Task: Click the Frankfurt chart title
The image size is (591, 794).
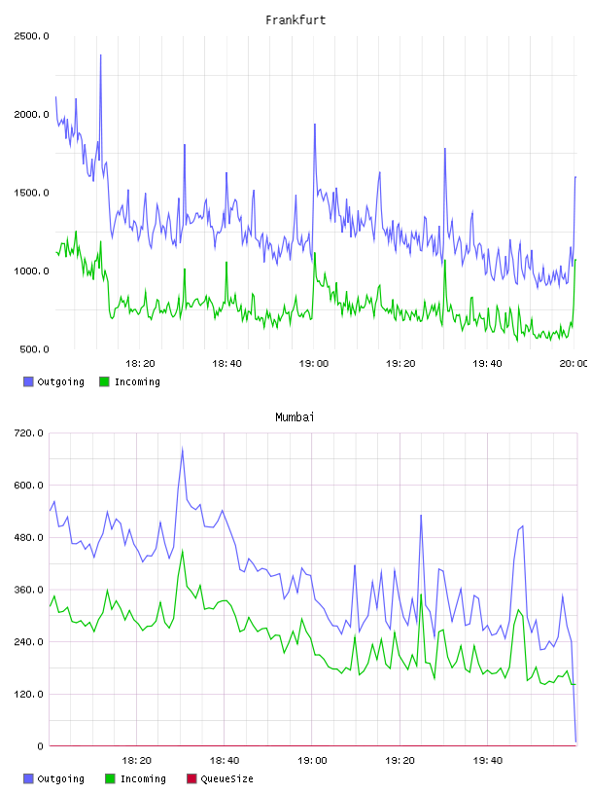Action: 295,20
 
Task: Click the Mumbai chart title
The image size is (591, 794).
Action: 295,417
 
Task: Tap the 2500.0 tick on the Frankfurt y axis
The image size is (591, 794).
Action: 31,36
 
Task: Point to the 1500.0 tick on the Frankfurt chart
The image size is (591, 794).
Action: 31,193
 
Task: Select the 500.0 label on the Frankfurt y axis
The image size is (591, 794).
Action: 34,349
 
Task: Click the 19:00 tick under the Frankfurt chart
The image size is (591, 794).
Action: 314,363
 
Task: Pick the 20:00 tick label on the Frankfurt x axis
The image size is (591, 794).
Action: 574,363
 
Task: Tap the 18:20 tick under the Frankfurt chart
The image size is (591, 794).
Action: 140,363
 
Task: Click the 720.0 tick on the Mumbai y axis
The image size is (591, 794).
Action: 28,433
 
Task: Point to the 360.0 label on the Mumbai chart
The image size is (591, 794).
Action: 28,590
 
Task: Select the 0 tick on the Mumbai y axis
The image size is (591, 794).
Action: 40,746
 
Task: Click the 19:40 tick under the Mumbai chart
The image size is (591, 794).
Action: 488,760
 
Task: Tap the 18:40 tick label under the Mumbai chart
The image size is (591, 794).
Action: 225,760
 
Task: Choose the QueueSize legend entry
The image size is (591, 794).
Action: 220,778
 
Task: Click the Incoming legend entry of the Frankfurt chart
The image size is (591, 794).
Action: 130,381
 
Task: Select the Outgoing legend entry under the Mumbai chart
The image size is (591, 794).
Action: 54,778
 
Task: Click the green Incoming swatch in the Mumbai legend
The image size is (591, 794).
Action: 110,778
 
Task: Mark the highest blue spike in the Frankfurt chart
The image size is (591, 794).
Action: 101,55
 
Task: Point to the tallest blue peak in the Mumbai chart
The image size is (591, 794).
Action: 182,449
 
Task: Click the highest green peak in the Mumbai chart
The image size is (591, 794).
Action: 182,551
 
